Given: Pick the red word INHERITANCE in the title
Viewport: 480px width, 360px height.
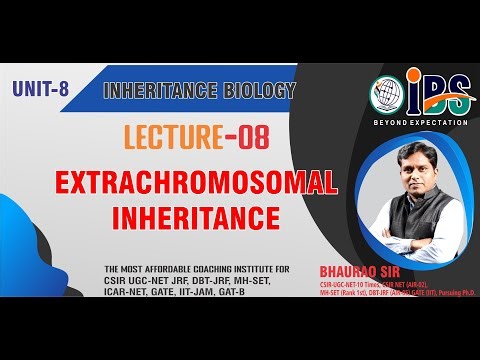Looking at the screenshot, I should (178, 216).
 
